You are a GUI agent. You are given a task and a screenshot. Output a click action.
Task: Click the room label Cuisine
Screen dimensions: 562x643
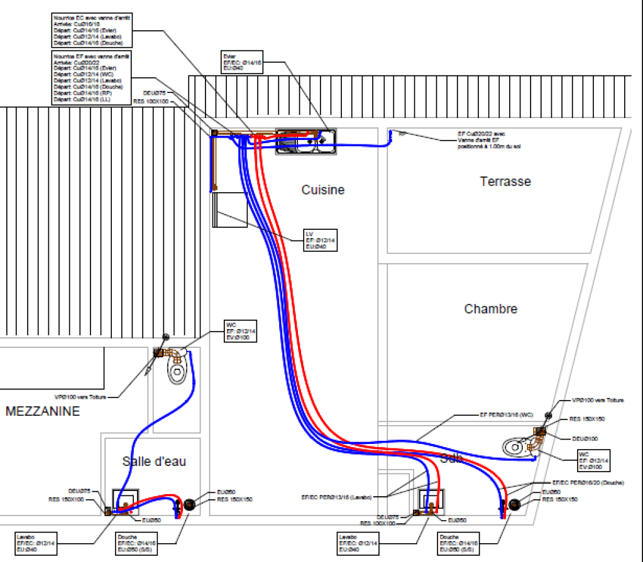(x=322, y=190)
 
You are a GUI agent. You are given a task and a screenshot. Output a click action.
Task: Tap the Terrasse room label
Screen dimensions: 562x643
(x=505, y=181)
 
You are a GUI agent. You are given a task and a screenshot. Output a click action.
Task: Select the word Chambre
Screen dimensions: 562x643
(x=491, y=309)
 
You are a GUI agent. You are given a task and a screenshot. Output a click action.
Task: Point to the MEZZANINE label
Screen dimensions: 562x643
(x=43, y=412)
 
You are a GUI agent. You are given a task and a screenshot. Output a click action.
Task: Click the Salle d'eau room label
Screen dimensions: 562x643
(x=154, y=462)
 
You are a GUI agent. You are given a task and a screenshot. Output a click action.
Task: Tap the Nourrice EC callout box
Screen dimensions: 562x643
(x=92, y=30)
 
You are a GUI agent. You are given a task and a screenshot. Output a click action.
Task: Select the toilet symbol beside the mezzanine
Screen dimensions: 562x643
(x=177, y=370)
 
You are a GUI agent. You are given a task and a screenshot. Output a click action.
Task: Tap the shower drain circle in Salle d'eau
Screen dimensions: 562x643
(x=189, y=504)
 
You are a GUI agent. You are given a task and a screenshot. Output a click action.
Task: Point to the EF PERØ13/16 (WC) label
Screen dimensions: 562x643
(x=502, y=415)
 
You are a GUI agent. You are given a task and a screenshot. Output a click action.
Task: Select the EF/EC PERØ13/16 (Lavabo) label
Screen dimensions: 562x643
(x=336, y=497)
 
